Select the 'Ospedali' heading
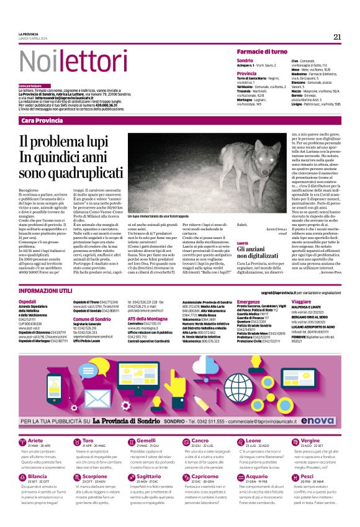tap(29, 300)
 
